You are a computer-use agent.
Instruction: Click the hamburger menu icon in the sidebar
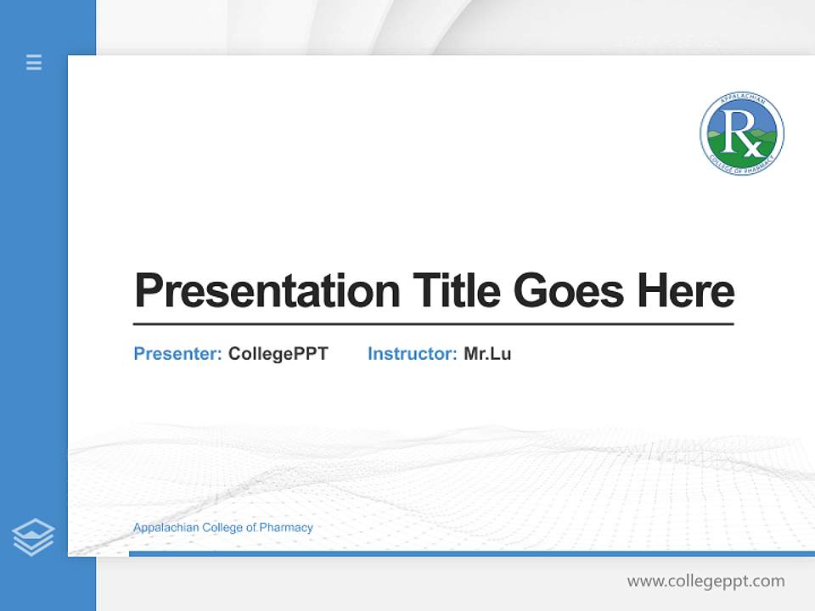34,62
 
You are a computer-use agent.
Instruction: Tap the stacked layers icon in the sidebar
33,537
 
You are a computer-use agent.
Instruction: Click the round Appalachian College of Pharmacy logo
742,134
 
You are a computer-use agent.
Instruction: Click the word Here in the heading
686,290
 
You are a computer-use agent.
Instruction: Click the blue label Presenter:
177,354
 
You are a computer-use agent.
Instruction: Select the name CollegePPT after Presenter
278,354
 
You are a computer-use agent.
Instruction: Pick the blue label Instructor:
412,354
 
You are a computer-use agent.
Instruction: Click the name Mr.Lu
487,354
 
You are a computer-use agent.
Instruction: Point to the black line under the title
433,323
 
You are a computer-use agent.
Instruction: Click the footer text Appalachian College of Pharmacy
222,528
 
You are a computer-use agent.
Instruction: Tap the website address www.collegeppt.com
705,581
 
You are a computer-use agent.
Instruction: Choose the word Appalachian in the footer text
166,528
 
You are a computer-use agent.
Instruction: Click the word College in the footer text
222,528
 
